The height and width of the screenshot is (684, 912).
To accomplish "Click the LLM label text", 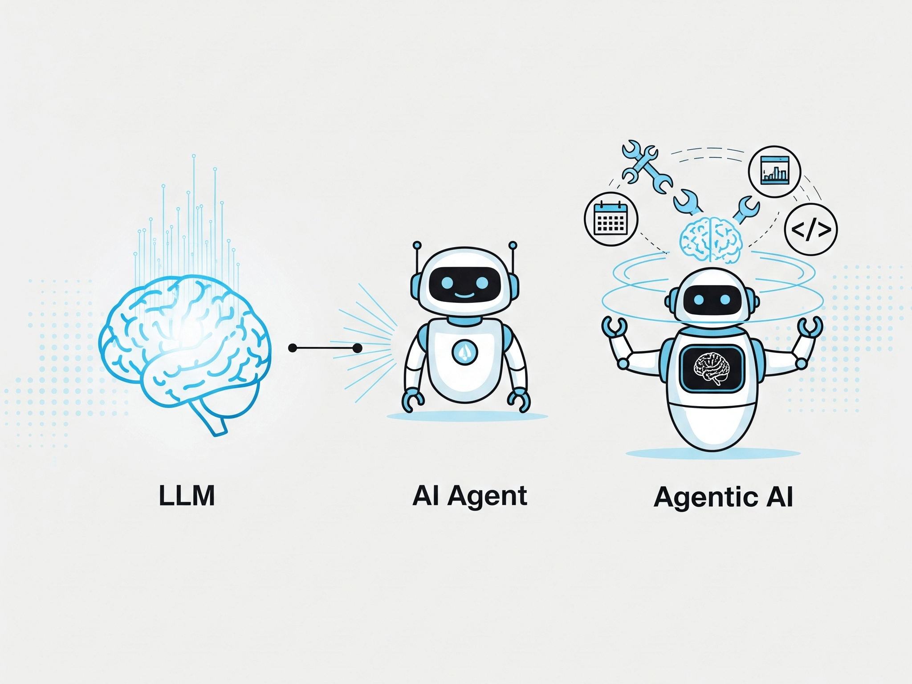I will pyautogui.click(x=187, y=496).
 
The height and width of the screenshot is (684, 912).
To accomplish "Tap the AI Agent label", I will pyautogui.click(x=469, y=496).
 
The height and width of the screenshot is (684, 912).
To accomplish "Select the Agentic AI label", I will pyautogui.click(x=723, y=497).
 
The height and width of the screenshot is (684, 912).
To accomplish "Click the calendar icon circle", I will pyautogui.click(x=611, y=219).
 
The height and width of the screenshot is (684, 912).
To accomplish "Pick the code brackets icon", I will pyautogui.click(x=810, y=229).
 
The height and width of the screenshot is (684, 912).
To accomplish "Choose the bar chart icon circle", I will pyautogui.click(x=774, y=171).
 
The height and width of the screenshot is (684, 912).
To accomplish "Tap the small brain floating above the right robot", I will pyautogui.click(x=711, y=240).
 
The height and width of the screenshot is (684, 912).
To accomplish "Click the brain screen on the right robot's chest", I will pyautogui.click(x=712, y=369).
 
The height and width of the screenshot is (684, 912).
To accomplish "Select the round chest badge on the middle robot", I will pyautogui.click(x=464, y=352).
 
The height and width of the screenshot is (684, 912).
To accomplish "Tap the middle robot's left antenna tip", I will pyautogui.click(x=417, y=245).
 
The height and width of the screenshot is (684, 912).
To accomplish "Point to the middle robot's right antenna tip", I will pyautogui.click(x=513, y=245).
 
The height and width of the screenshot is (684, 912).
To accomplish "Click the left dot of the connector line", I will pyautogui.click(x=293, y=348).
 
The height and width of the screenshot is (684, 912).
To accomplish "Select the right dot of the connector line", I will pyautogui.click(x=357, y=348).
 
